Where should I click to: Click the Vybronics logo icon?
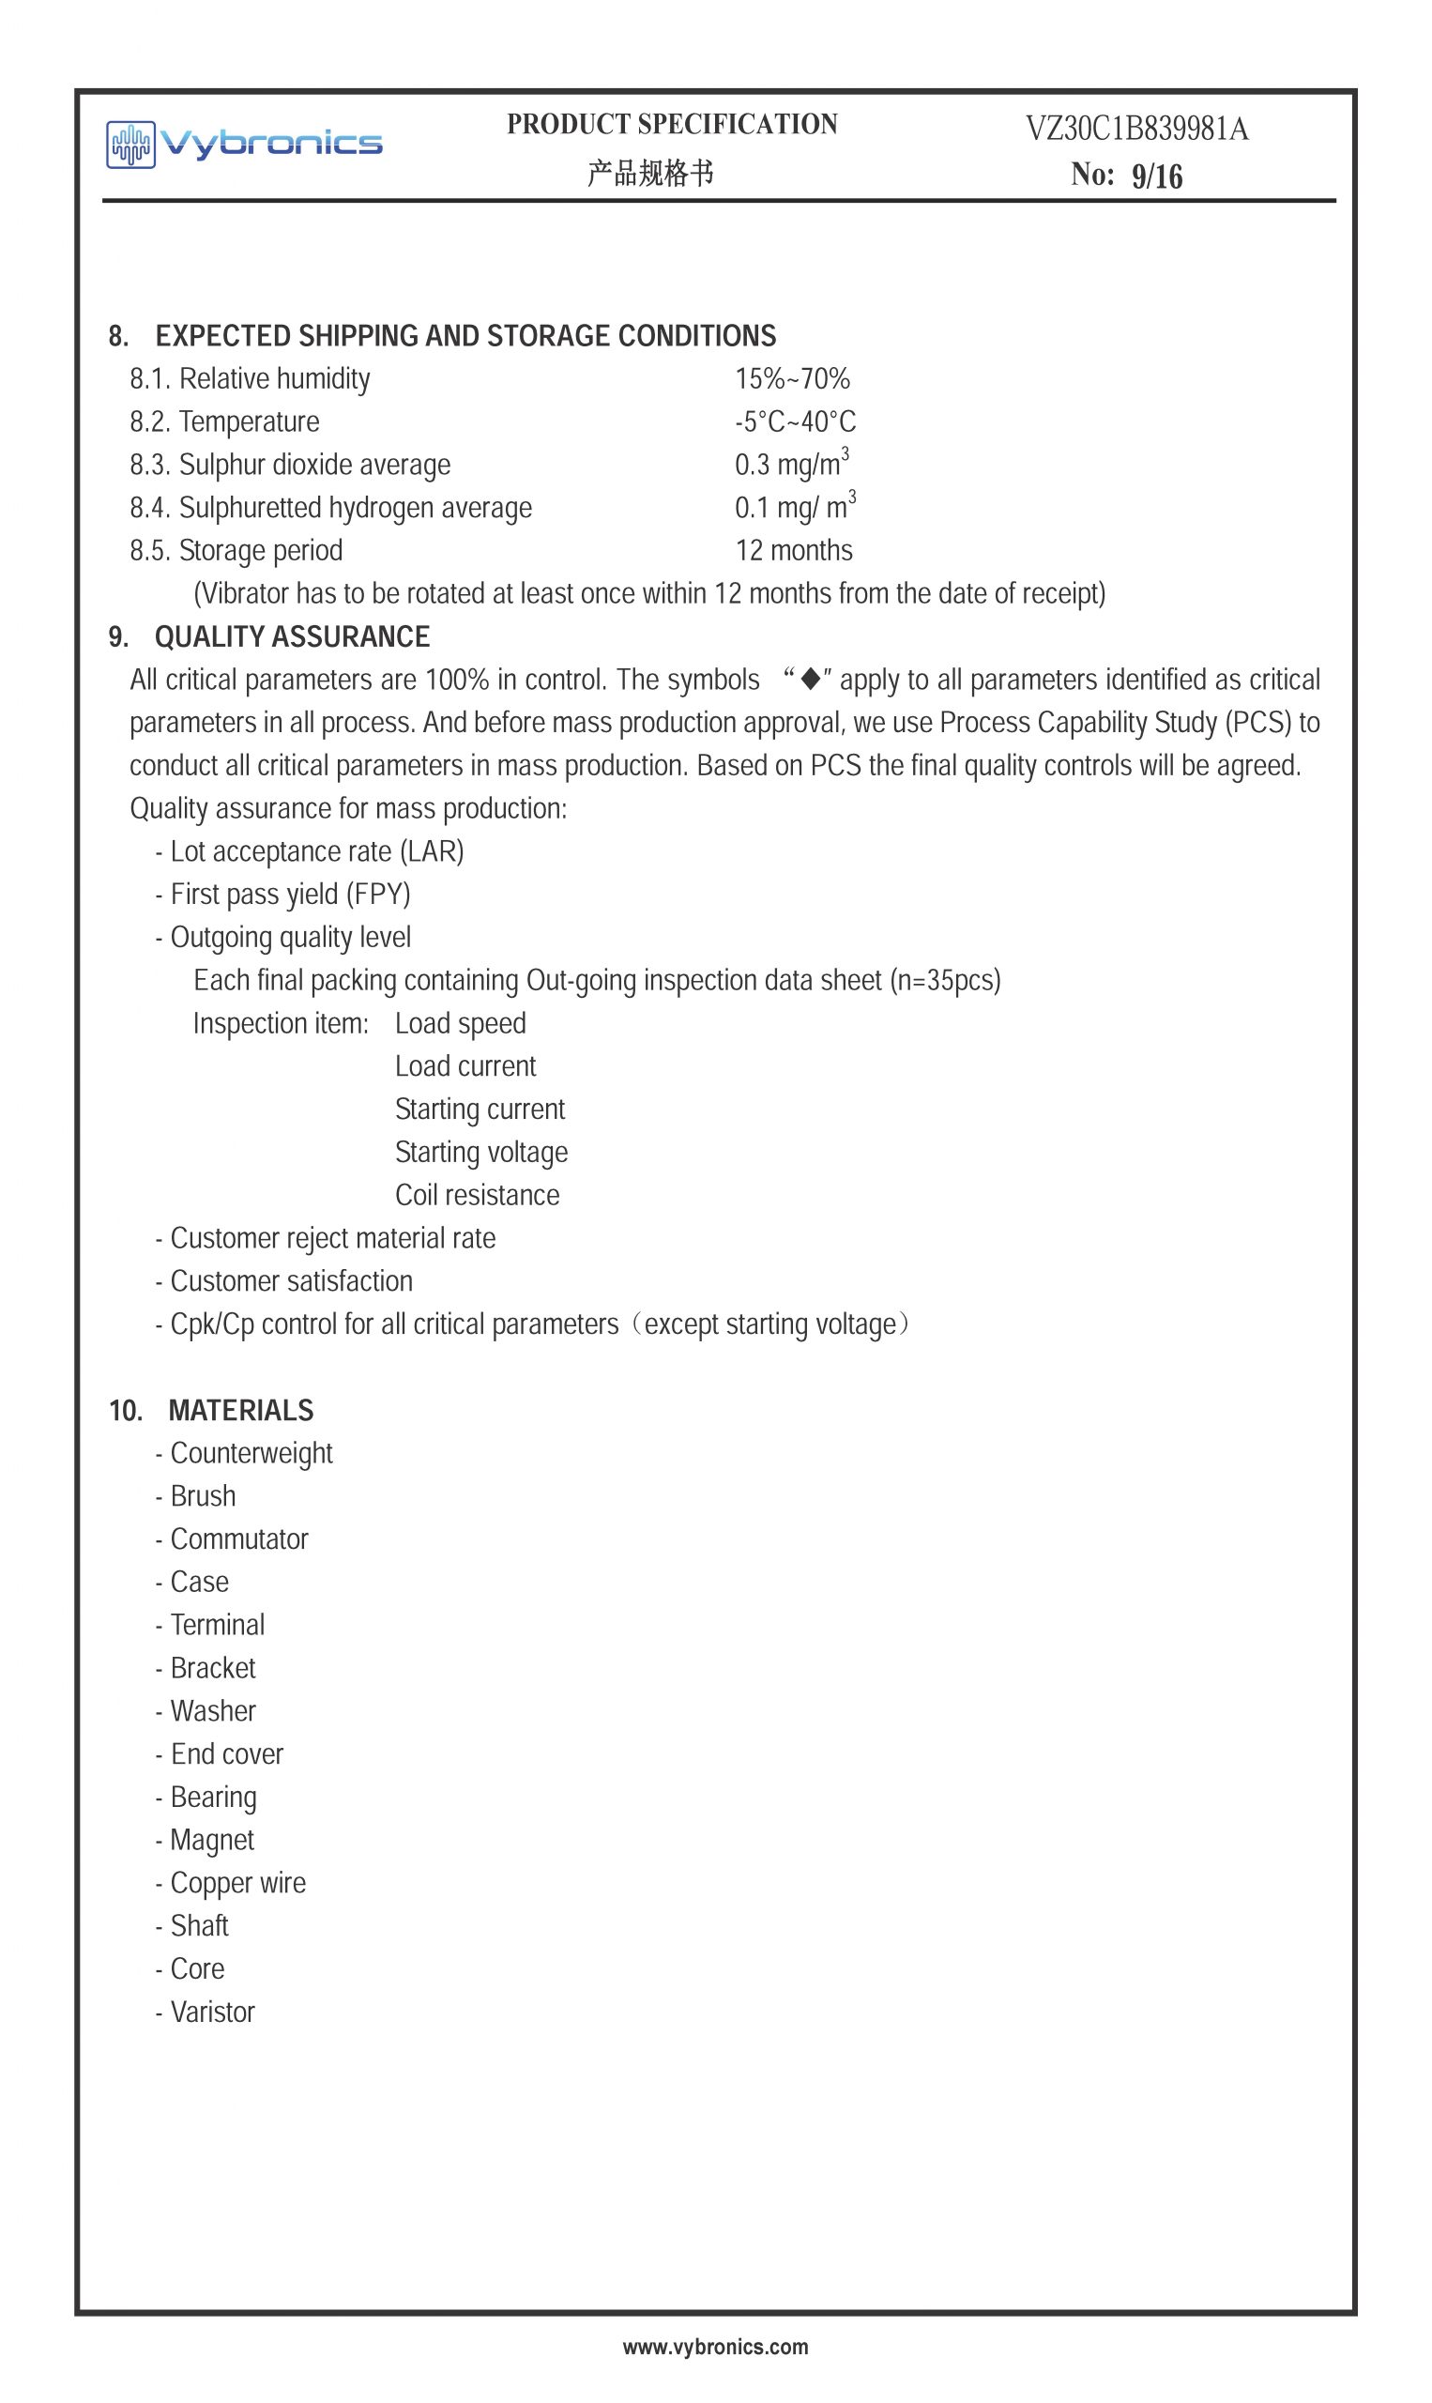pos(130,145)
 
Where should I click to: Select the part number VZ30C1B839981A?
pos(1135,129)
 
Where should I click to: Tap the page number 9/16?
pos(1156,176)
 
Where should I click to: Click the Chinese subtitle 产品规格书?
pos(650,174)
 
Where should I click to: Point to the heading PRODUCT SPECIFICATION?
pos(672,125)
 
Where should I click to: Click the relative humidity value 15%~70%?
pos(792,378)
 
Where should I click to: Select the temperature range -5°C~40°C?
pos(795,421)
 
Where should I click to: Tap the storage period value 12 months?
pos(793,550)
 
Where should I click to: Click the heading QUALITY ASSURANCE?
pos(292,637)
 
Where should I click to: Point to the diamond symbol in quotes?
pos(811,680)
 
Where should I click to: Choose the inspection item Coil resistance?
pos(477,1195)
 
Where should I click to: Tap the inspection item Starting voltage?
pos(480,1153)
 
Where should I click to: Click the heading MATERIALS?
pos(240,1410)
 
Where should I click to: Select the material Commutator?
pos(238,1539)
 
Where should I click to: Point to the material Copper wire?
pos(237,1883)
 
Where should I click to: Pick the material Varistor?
pos(212,2013)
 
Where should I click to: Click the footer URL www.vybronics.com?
pos(715,2347)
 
